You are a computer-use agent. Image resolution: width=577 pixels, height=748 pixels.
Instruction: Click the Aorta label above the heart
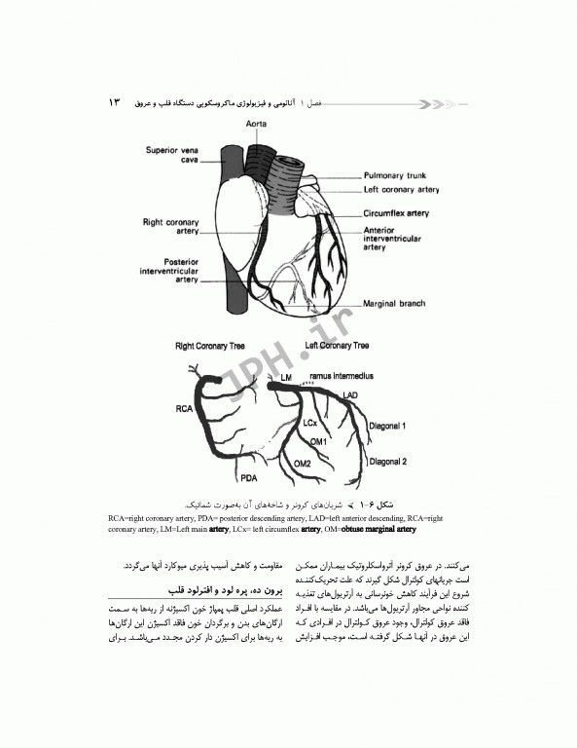[x=257, y=126]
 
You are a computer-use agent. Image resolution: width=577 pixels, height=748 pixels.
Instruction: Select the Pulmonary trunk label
[x=398, y=174]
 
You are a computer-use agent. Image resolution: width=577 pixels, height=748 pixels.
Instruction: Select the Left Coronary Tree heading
[x=336, y=346]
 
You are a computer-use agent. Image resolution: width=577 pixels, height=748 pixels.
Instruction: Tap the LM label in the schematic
[x=285, y=376]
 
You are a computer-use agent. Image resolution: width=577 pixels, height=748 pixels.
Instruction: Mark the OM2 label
[x=302, y=464]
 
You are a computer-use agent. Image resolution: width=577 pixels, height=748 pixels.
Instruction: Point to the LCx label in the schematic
[x=310, y=425]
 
